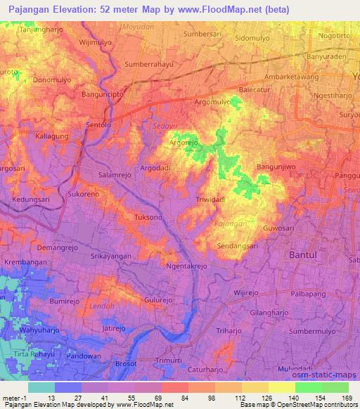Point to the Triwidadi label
pos(211,200)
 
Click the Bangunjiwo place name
pos(278,167)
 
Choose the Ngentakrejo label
pos(187,267)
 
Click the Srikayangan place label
pos(111,257)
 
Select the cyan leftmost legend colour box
pos(41,387)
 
